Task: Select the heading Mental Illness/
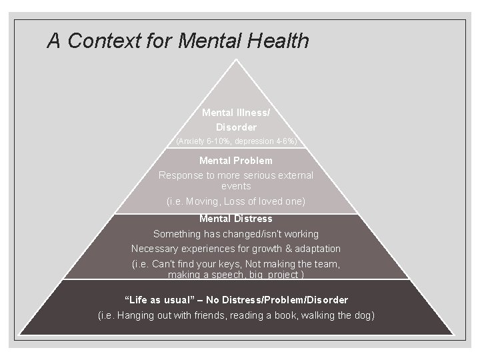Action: pyautogui.click(x=236, y=113)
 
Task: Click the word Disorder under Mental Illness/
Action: pyautogui.click(x=236, y=127)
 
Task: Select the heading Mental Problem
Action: pyautogui.click(x=236, y=161)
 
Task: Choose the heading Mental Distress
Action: pyautogui.click(x=236, y=219)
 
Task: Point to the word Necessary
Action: pyautogui.click(x=155, y=249)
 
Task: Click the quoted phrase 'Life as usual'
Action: pyautogui.click(x=156, y=300)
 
